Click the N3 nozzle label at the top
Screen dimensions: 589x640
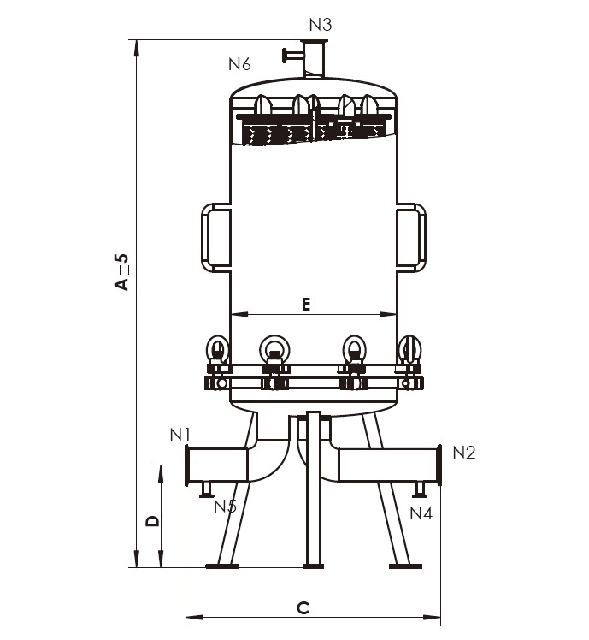(321, 25)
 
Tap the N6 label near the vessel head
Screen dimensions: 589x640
(239, 64)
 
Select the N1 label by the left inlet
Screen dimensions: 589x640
(180, 435)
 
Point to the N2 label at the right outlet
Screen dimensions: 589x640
(464, 453)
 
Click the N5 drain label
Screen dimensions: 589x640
(225, 507)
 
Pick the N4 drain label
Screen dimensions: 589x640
(421, 513)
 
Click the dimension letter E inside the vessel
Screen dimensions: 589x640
(306, 304)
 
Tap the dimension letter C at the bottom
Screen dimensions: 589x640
(303, 608)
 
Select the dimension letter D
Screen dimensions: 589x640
(153, 520)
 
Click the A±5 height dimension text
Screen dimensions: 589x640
(121, 272)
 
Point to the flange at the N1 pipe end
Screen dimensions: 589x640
(187, 465)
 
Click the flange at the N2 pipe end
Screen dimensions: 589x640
(439, 465)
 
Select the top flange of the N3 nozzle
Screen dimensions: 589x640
(314, 41)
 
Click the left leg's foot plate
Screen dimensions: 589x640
(222, 566)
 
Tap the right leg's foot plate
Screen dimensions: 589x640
(405, 566)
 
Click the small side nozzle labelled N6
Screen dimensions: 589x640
(292, 55)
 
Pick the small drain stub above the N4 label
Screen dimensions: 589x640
(420, 489)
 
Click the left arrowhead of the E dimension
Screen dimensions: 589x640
(239, 314)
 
